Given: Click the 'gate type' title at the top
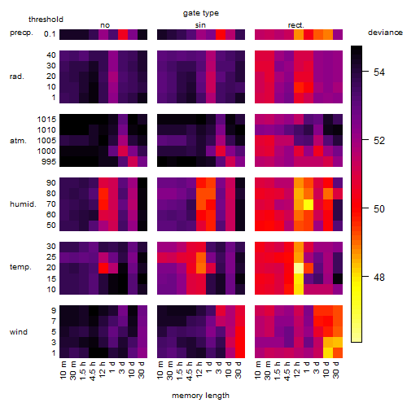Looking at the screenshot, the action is point(201,13).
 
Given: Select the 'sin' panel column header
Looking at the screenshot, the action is point(200,25).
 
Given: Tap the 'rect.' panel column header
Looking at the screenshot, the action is point(295,25).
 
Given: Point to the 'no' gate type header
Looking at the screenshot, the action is point(105,25).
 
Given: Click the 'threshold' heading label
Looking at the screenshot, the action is point(46,20).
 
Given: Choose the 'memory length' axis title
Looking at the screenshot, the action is point(200,396).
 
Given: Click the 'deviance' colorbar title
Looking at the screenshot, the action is point(385,33).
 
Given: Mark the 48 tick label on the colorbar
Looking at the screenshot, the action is point(379,277).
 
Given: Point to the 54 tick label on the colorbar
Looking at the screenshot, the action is point(379,72).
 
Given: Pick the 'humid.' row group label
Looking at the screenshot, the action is point(23,204).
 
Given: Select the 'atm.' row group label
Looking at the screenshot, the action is point(18,141).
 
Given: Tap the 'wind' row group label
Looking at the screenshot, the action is point(19,332).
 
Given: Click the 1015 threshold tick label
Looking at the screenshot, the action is point(46,120).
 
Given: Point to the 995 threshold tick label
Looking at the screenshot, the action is point(49,162).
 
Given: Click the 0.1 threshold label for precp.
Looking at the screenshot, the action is point(50,34).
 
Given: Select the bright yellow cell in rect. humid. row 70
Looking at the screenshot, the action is point(309,204).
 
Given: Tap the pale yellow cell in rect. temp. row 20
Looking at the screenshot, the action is point(299,268).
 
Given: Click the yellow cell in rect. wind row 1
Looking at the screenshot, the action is point(328,352).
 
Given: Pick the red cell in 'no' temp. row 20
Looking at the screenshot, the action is point(103,268).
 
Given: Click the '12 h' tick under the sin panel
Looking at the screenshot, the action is point(199,370).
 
